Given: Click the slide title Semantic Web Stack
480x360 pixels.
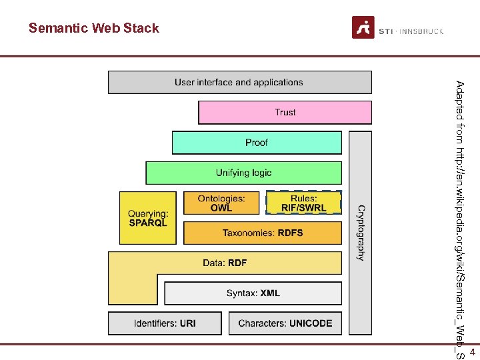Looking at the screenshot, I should pyautogui.click(x=94, y=28).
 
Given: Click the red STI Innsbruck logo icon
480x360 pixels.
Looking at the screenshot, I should pyautogui.click(x=363, y=27).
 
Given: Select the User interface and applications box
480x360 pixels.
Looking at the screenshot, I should pyautogui.click(x=239, y=83).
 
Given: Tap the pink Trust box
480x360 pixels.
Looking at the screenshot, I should pyautogui.click(x=285, y=113).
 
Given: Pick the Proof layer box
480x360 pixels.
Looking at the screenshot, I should pyautogui.click(x=257, y=143).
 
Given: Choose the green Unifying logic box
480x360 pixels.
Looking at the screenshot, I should pyautogui.click(x=243, y=173).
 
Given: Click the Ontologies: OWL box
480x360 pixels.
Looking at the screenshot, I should pyautogui.click(x=221, y=203).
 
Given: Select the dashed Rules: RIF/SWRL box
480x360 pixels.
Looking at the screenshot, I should pyautogui.click(x=303, y=203).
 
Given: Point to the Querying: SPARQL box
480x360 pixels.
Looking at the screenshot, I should pyautogui.click(x=148, y=218).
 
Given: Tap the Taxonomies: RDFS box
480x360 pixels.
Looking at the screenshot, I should pyautogui.click(x=262, y=233).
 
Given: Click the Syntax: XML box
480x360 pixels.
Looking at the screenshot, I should pyautogui.click(x=253, y=293).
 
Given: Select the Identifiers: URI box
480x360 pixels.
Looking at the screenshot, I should pyautogui.click(x=165, y=323).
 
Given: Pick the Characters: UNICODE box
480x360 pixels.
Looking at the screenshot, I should pyautogui.click(x=285, y=323).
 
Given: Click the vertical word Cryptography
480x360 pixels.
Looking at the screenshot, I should pyautogui.click(x=361, y=232).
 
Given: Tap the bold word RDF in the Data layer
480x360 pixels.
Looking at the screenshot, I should pyautogui.click(x=237, y=263).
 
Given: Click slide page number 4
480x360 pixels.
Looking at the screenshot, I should pyautogui.click(x=472, y=351).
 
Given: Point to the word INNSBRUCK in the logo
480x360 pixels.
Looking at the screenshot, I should pyautogui.click(x=422, y=31).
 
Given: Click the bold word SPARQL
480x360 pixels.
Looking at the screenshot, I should pyautogui.click(x=148, y=223).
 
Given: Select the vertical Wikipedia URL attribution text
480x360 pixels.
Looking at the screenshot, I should pyautogui.click(x=459, y=220).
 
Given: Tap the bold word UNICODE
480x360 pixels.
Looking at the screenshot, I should pyautogui.click(x=311, y=323).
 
